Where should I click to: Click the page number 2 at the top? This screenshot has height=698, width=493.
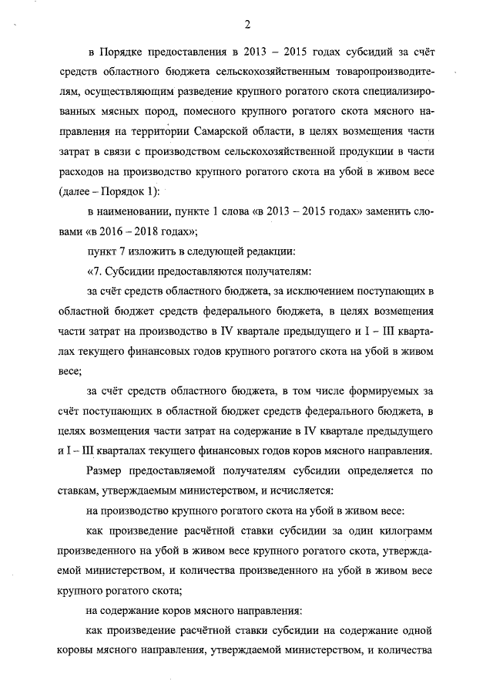click(x=247, y=24)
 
